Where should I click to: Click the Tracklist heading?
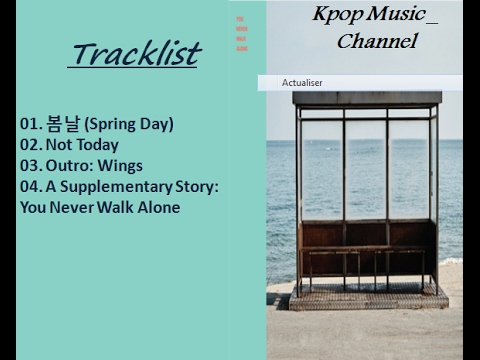134,53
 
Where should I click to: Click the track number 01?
30,124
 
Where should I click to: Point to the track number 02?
30,145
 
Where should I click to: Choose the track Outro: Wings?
96,166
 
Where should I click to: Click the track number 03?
30,166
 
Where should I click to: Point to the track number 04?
30,187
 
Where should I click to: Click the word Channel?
376,42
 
